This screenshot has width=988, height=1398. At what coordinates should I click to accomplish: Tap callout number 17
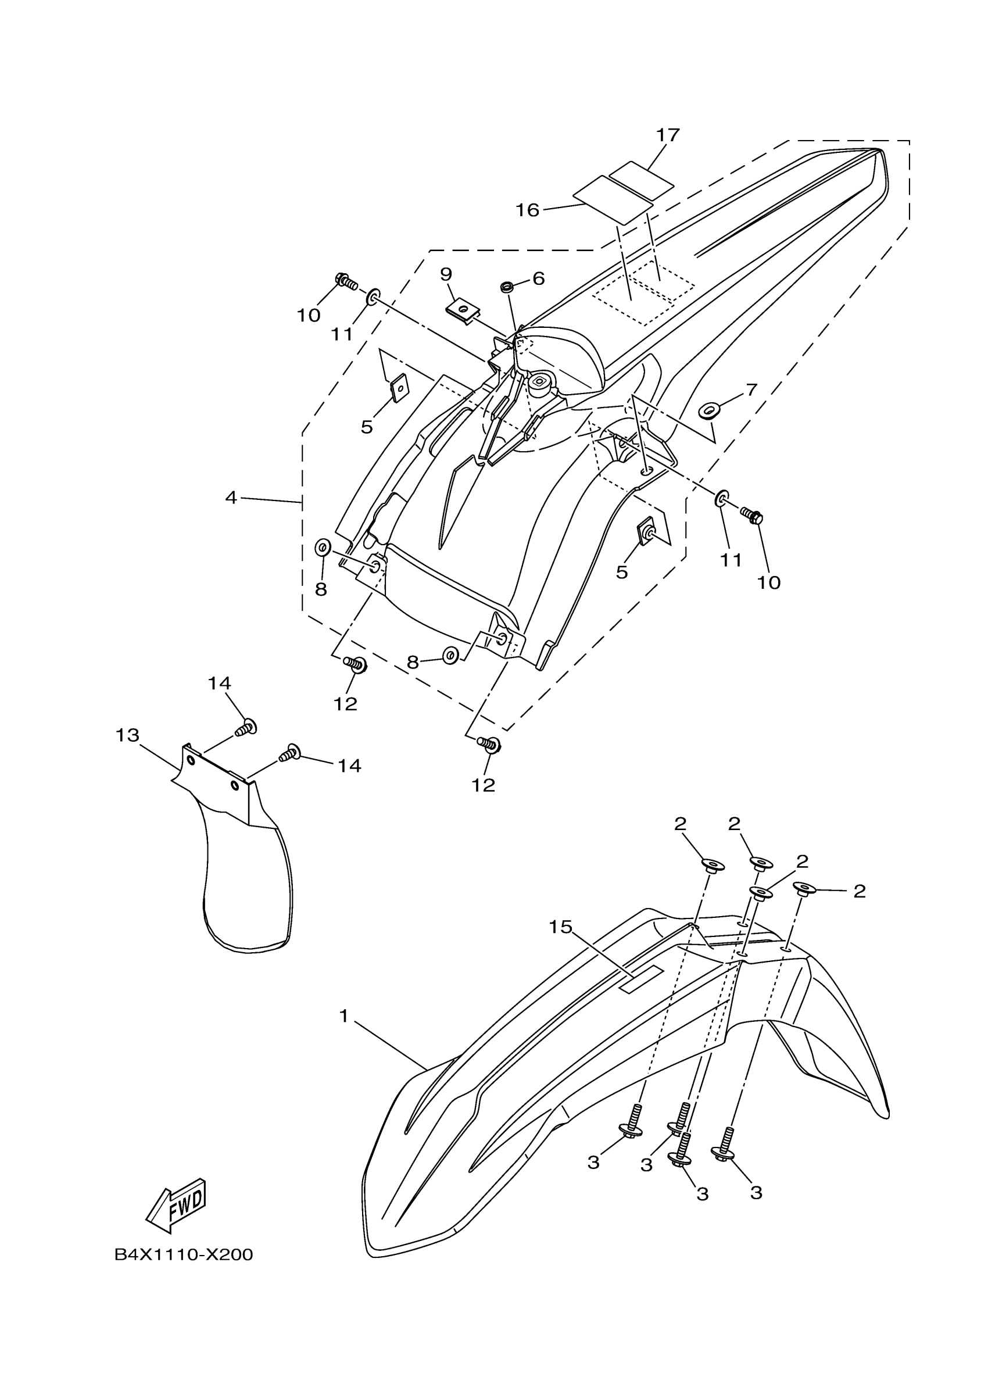click(667, 135)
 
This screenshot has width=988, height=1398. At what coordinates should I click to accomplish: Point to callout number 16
click(527, 210)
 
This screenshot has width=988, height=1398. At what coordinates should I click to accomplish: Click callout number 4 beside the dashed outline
click(231, 498)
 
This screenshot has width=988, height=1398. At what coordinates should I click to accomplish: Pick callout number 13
click(127, 735)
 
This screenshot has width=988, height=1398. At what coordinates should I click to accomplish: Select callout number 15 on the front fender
click(560, 927)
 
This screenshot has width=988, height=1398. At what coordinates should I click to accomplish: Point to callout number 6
click(538, 279)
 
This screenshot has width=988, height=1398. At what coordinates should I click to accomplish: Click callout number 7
click(751, 389)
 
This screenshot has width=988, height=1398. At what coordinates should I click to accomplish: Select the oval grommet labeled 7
click(708, 412)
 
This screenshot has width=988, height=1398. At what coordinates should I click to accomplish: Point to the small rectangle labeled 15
click(641, 978)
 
